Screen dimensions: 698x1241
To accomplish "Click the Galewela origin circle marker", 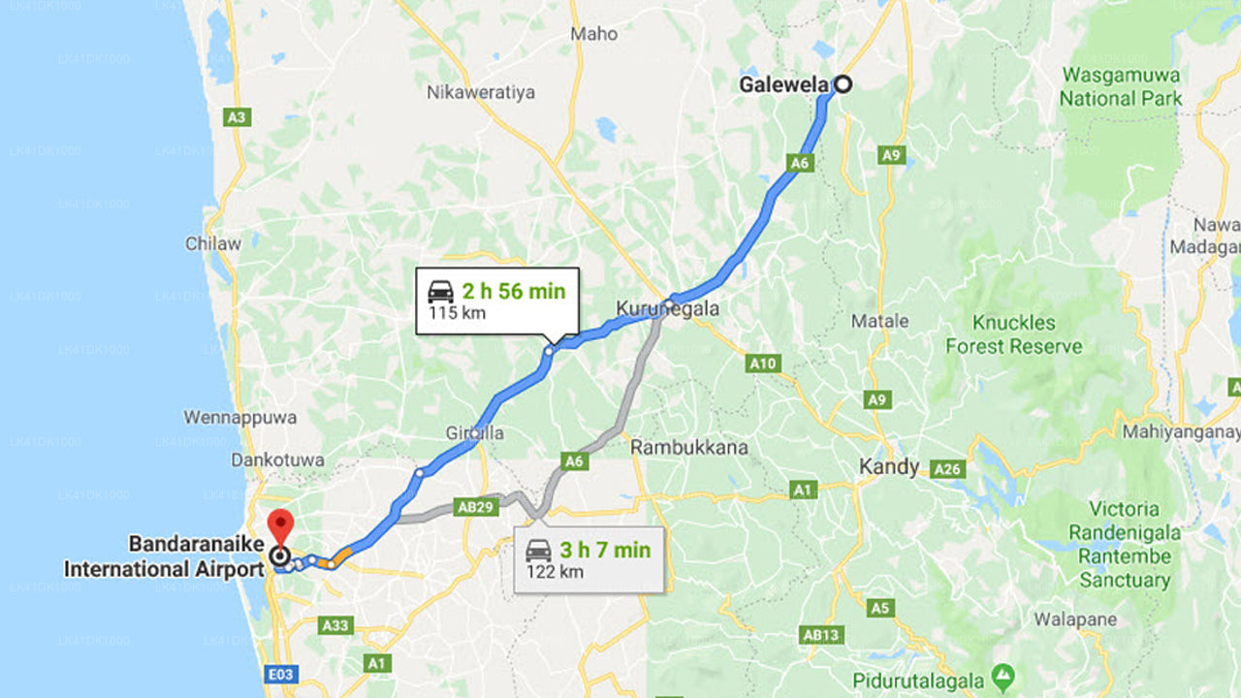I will [x=843, y=84].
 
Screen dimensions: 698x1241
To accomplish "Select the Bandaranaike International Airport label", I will [x=164, y=556].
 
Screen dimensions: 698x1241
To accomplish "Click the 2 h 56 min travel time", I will [x=513, y=291].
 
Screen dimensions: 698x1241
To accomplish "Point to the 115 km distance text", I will [x=458, y=314].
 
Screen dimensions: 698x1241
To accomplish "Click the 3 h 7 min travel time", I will [x=605, y=551].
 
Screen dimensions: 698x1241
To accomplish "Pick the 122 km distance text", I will [x=555, y=572].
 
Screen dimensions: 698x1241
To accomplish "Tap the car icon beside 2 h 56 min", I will [x=440, y=291].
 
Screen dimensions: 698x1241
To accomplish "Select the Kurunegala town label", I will [x=668, y=309].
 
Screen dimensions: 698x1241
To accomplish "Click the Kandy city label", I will [x=889, y=467].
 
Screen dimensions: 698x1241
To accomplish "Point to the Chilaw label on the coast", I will [x=213, y=243].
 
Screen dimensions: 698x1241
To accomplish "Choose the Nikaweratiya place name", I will [x=481, y=93].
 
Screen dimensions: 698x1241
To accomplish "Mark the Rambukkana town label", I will [x=689, y=448].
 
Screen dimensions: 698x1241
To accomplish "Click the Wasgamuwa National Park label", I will [x=1121, y=86].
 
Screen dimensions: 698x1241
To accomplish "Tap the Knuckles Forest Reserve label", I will [x=1014, y=334].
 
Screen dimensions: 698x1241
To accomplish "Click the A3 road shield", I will [x=236, y=117].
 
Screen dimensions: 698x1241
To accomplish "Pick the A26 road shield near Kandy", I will [x=946, y=469].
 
